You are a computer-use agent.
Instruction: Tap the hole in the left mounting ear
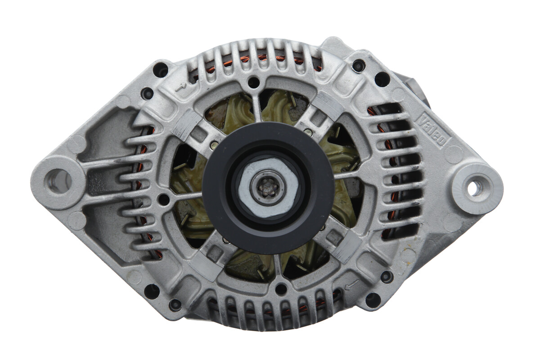pos(58,181)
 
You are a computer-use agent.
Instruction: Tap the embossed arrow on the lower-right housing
pos(352,284)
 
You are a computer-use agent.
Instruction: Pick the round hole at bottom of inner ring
pos(281,289)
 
